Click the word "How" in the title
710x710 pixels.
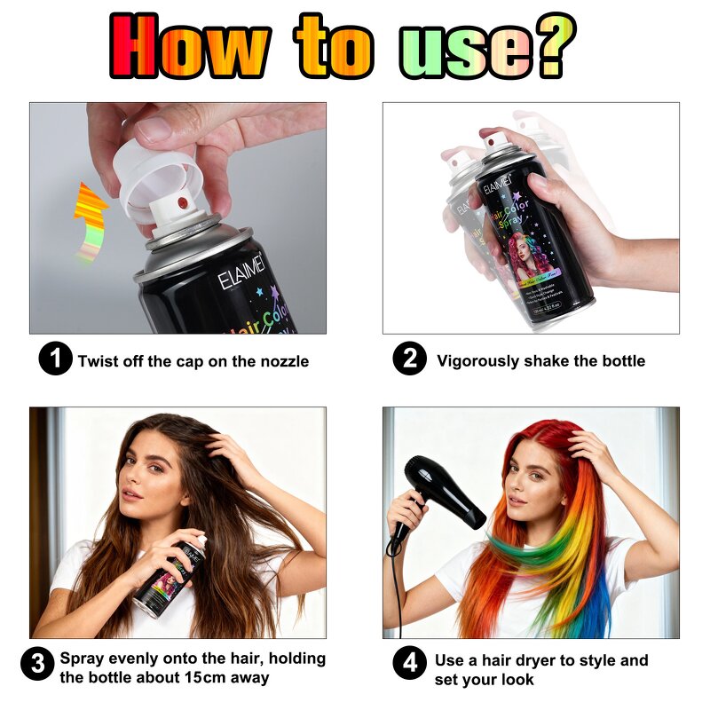coord(190,45)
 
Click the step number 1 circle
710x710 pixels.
coord(55,359)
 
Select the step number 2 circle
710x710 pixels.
coord(409,359)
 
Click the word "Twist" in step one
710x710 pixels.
coord(99,361)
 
